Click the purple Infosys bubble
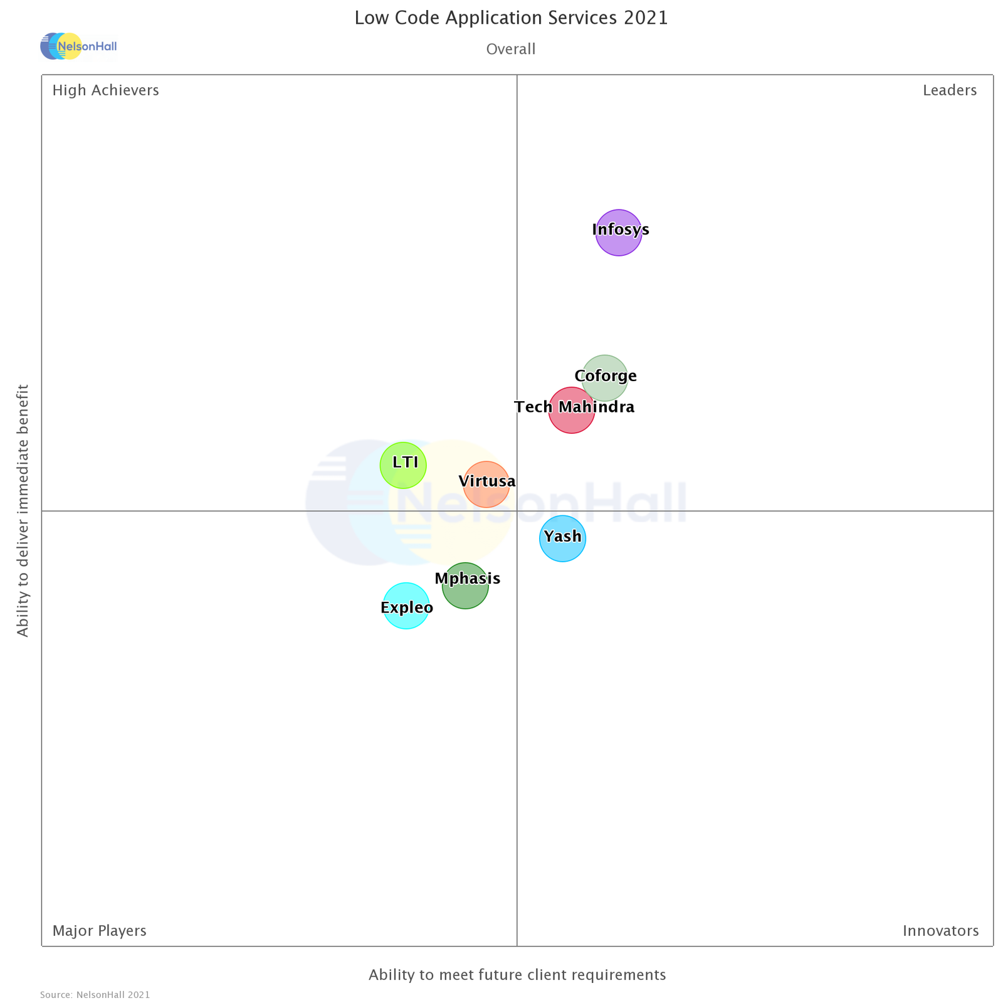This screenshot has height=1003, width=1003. click(x=618, y=233)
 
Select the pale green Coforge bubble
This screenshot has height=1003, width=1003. click(x=604, y=378)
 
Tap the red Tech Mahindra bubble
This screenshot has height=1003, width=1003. click(x=571, y=411)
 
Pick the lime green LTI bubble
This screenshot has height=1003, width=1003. click(x=403, y=465)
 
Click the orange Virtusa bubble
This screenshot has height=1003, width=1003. click(x=486, y=484)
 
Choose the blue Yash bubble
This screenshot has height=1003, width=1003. click(x=562, y=538)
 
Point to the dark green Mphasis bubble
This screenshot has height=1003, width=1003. click(x=465, y=586)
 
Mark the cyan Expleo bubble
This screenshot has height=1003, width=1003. click(x=406, y=606)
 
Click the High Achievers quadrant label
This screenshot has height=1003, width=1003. click(x=105, y=91)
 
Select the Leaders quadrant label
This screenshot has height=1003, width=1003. click(x=949, y=91)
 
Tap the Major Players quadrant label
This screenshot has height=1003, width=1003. click(x=99, y=931)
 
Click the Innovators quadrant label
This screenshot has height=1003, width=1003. click(x=940, y=931)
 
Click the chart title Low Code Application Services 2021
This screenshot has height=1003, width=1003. click(x=511, y=18)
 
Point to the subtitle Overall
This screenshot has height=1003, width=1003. click(x=511, y=50)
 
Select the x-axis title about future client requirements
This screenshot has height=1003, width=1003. click(x=517, y=975)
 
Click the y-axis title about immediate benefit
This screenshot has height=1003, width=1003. click(x=23, y=511)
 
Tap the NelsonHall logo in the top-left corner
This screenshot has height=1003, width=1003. click(x=78, y=46)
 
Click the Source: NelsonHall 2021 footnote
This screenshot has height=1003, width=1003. click(x=95, y=995)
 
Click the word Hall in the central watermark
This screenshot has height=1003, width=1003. click(x=633, y=504)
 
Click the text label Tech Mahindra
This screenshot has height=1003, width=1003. click(x=574, y=407)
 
